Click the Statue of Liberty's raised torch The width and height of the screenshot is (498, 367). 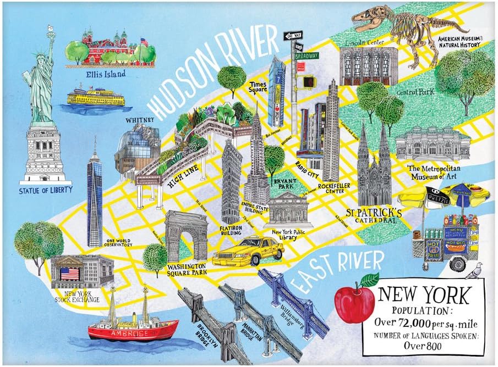tap(51, 29)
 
